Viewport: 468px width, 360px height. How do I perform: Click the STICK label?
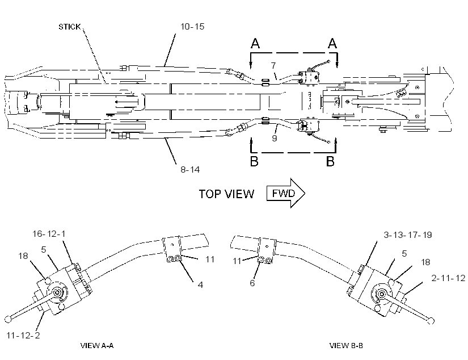70,27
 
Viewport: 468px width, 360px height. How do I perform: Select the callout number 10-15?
192,27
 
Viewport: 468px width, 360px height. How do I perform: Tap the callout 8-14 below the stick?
190,170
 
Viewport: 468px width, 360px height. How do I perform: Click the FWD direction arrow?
286,193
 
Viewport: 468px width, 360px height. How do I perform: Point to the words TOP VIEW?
226,194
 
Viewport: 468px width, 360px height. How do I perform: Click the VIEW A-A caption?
97,346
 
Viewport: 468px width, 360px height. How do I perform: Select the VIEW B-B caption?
346,346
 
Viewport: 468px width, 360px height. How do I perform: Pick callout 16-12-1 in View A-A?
49,233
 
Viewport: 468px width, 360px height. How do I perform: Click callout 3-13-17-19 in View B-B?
408,235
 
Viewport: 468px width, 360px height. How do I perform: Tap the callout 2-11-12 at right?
448,278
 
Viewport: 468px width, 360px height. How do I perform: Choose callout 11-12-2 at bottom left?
23,336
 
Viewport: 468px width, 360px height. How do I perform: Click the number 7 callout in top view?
273,65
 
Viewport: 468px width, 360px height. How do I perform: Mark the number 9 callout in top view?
275,138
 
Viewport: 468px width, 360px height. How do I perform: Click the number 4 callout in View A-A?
200,284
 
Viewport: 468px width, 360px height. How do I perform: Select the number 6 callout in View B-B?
252,283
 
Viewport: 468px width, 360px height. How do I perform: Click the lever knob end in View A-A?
8,319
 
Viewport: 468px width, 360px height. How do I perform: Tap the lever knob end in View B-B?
431,321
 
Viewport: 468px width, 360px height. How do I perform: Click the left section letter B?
254,161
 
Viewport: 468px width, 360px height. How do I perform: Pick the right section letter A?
332,43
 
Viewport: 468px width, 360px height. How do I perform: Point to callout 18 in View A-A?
23,256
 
